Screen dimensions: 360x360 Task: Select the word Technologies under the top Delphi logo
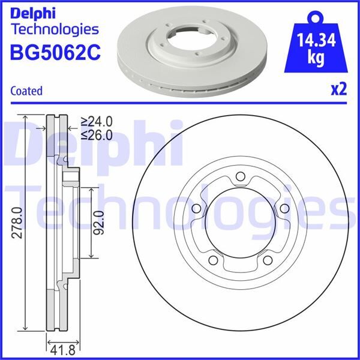coord(55,29)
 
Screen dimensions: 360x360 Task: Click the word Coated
coord(26,91)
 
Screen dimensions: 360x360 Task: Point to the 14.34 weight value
coord(316,41)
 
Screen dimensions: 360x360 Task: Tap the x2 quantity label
coord(339,90)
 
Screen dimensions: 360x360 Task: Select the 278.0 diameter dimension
coord(17,222)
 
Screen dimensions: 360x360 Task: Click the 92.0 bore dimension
coord(99,221)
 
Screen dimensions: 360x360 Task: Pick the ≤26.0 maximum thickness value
coord(98,135)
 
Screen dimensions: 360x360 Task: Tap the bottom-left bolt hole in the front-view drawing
coord(213,261)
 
